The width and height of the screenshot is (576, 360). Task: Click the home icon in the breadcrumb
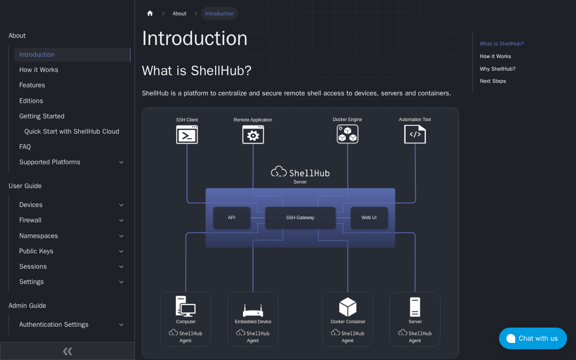click(150, 13)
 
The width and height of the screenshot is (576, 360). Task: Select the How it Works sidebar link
click(39, 70)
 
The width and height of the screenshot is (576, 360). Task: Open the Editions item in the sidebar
click(31, 100)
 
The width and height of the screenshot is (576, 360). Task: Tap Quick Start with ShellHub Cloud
click(72, 131)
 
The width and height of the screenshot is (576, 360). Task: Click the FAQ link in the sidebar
click(25, 147)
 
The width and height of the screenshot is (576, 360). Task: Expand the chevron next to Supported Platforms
click(121, 162)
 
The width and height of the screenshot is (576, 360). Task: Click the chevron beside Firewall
click(121, 220)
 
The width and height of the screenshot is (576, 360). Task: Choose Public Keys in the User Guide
click(36, 251)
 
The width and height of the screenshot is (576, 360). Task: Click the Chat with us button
click(533, 338)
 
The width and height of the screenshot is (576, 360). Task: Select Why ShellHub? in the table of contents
click(498, 69)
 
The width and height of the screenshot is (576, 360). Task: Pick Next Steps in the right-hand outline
click(493, 81)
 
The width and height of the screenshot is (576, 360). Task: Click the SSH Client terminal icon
click(187, 135)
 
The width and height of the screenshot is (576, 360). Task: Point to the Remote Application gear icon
click(253, 135)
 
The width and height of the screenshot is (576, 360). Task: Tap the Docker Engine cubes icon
click(347, 134)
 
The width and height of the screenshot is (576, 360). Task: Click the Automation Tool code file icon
click(415, 134)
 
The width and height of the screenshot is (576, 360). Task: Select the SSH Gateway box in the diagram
click(300, 217)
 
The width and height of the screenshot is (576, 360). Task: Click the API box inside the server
click(231, 217)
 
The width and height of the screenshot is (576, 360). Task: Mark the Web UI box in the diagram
click(369, 217)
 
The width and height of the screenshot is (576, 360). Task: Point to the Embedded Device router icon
click(253, 310)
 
